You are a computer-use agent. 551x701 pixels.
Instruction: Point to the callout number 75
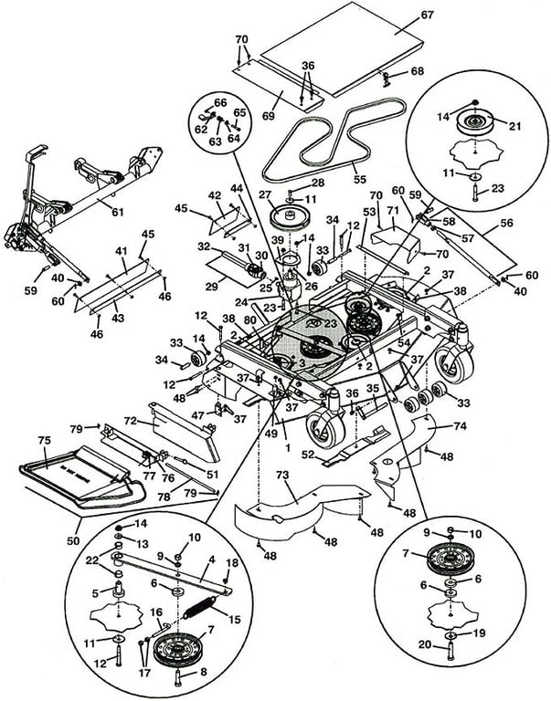pos(43,440)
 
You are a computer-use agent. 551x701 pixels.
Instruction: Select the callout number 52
pos(309,452)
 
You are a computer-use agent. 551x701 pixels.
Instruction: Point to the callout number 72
pos(131,422)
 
